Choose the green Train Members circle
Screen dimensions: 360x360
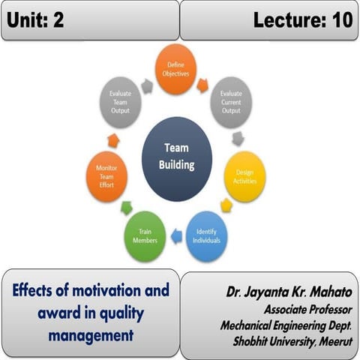(x=145, y=237)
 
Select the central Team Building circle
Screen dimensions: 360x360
(x=177, y=154)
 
